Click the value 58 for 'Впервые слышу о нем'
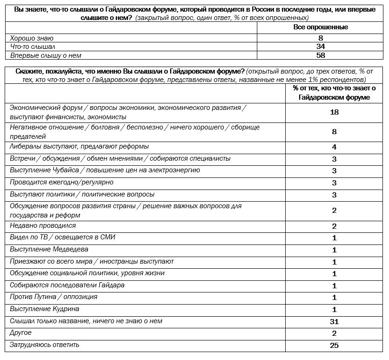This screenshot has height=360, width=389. coord(321,55)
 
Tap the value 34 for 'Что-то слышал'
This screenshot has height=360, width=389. coord(321,47)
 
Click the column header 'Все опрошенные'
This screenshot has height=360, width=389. coord(321,27)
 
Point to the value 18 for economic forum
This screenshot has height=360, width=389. coord(334,112)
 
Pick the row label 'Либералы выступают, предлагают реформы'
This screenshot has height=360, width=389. coord(79,147)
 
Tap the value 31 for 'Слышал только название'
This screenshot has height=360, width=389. coord(334,321)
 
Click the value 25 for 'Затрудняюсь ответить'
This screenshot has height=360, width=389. coord(334,345)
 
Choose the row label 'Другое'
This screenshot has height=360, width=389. coord(21,333)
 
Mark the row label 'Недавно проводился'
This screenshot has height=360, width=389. coord(43,225)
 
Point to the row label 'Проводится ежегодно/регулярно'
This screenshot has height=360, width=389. coord(61,182)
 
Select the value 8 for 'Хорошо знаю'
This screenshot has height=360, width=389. coord(321,38)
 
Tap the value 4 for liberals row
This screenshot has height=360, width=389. coord(334,147)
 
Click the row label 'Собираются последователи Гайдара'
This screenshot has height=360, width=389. coord(67,285)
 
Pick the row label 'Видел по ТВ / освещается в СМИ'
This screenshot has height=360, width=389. coord(63,238)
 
